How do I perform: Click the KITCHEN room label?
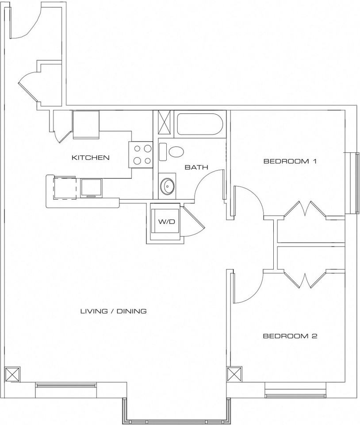(91, 158)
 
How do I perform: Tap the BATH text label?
(196, 167)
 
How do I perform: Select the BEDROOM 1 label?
(290, 161)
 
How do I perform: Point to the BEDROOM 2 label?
(290, 336)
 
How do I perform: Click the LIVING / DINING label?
(113, 311)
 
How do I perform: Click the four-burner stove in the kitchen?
(141, 155)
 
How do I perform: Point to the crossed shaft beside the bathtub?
(164, 122)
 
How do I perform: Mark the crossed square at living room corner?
(12, 374)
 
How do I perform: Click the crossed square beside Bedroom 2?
(234, 374)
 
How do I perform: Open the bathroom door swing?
(208, 186)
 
